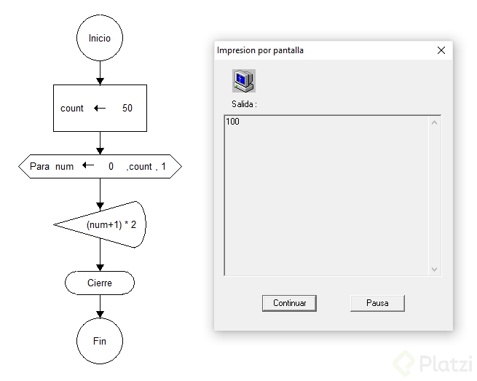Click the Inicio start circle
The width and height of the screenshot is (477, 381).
(100, 39)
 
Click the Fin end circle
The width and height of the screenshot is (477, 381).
(100, 341)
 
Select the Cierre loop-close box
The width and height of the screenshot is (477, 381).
(100, 283)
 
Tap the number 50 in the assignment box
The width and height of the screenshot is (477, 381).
(127, 109)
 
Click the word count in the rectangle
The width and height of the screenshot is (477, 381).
(72, 109)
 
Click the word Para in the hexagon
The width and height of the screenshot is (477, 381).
(39, 166)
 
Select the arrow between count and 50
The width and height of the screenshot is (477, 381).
(100, 109)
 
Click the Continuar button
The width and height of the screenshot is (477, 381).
(289, 303)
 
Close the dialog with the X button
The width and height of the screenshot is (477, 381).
(441, 50)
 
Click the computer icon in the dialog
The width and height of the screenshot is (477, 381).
(243, 80)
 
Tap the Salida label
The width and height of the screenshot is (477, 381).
(244, 104)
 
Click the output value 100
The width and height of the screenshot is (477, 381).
(232, 122)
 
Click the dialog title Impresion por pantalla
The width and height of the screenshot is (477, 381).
(260, 50)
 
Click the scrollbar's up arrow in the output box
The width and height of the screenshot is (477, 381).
(435, 122)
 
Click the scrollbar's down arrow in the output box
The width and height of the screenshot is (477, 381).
(435, 269)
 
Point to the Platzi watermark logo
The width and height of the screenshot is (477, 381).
(433, 363)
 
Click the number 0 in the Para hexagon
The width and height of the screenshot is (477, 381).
(111, 166)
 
